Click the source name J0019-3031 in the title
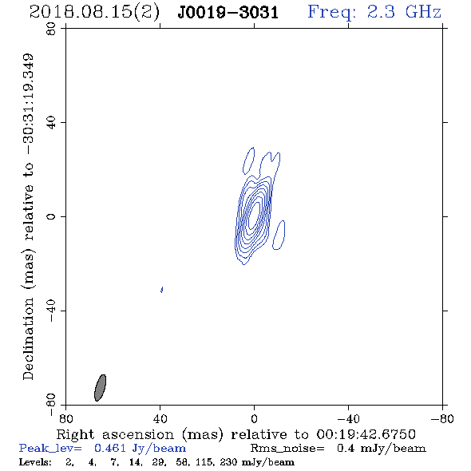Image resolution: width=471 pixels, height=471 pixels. click(x=228, y=13)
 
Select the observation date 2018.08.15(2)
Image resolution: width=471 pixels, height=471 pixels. click(x=94, y=13)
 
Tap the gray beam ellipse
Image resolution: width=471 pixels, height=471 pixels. click(x=100, y=388)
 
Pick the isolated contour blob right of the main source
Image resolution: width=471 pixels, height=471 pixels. click(x=279, y=235)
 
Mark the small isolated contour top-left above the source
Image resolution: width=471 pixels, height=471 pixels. click(x=248, y=160)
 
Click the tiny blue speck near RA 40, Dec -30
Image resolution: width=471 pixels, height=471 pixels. click(x=162, y=290)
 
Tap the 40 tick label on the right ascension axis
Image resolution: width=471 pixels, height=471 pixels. click(x=160, y=419)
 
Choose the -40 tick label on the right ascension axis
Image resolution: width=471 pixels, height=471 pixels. click(x=348, y=419)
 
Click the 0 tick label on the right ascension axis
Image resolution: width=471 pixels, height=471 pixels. click(x=254, y=419)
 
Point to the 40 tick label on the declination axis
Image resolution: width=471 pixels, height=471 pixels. click(x=51, y=123)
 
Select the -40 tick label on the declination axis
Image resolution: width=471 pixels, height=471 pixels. click(x=51, y=311)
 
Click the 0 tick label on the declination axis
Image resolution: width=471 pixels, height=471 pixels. click(x=51, y=216)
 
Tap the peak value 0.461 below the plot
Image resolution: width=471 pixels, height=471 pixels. click(x=109, y=448)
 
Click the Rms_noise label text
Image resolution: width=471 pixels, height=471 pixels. click(x=287, y=449)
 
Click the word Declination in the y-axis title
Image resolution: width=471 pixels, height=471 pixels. click(x=28, y=338)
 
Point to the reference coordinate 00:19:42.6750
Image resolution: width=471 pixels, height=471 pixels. click(x=366, y=434)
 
